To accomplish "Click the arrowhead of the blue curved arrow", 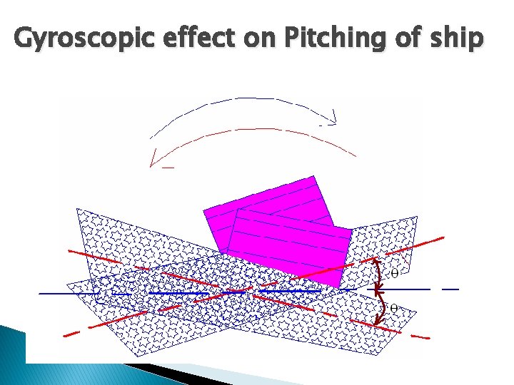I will tap(332, 117).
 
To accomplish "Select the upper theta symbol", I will tap(394, 272).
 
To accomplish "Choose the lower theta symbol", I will tap(394, 308).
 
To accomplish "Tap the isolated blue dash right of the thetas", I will tap(450, 289).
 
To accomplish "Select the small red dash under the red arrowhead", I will tap(168, 168).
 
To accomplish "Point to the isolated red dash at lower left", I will tap(71, 333).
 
